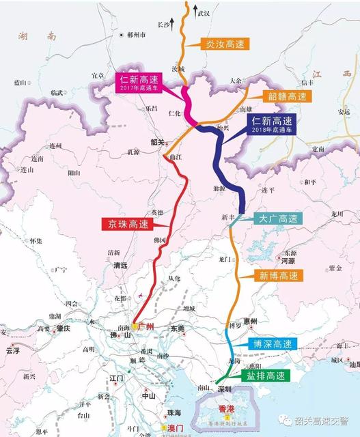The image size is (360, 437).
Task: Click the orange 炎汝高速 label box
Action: (x=225, y=43)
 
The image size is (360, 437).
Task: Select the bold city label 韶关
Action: (x=158, y=142)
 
